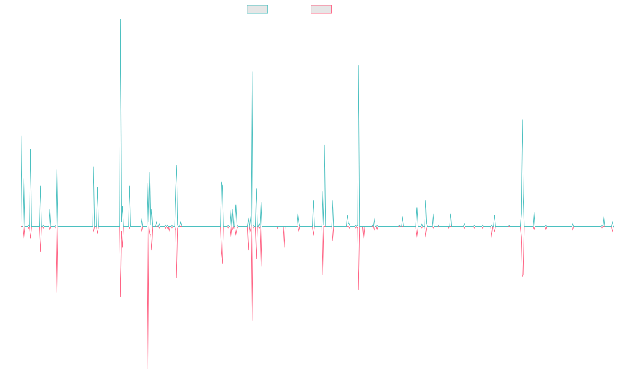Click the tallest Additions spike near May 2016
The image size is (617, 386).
pyautogui.click(x=120, y=20)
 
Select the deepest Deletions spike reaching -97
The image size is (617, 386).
pyautogui.click(x=148, y=368)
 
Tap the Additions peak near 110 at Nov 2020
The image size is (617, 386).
pyautogui.click(x=358, y=65)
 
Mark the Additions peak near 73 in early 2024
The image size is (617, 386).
pyautogui.click(x=522, y=120)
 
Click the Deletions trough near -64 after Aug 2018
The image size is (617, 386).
pyautogui.click(x=252, y=320)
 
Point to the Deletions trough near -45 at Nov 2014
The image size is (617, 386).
pyautogui.click(x=56, y=292)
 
